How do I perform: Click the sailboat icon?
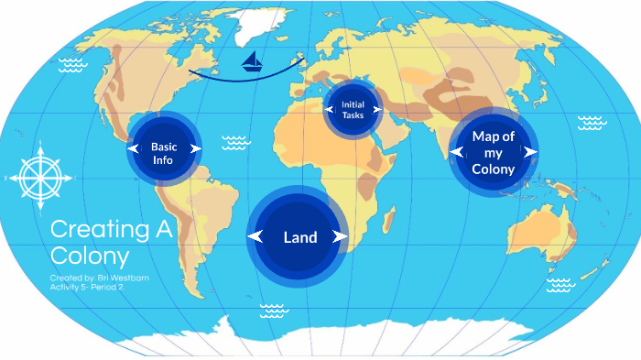click(x=252, y=61)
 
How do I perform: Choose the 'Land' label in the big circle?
click(x=299, y=237)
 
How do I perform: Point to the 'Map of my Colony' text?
click(x=494, y=152)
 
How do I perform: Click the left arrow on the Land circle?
click(x=256, y=236)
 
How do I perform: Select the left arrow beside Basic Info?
click(x=134, y=147)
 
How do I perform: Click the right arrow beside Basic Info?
click(x=195, y=147)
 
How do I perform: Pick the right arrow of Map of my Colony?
click(x=529, y=151)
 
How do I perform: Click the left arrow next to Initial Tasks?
click(x=328, y=109)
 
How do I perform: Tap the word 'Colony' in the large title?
click(x=89, y=256)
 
